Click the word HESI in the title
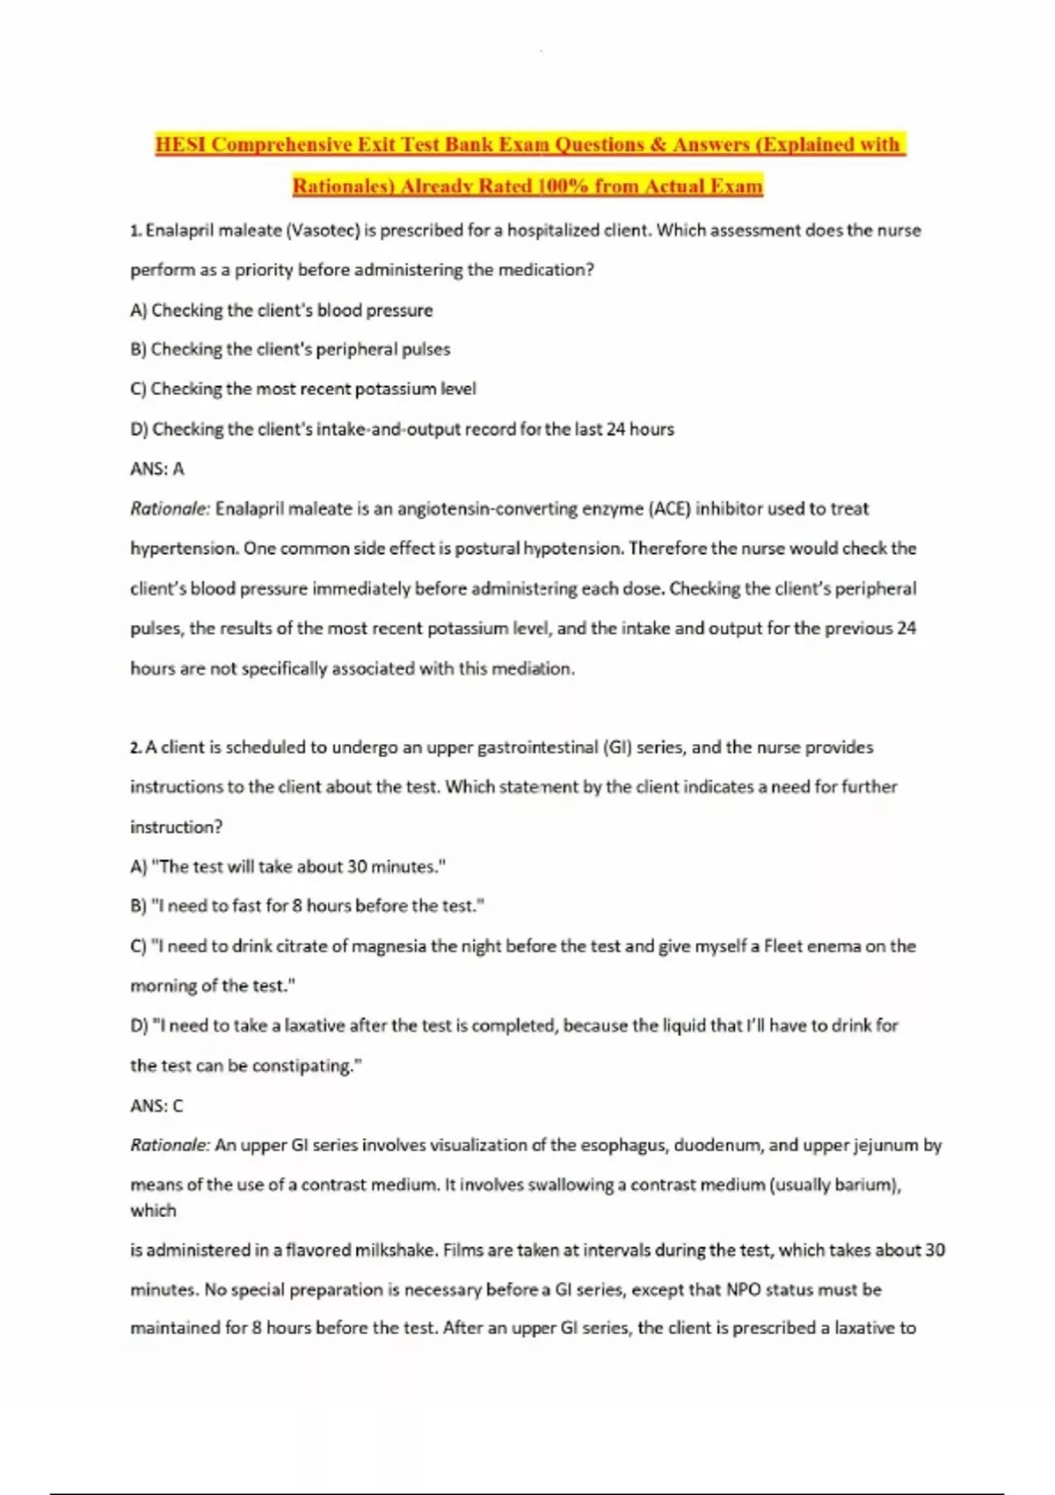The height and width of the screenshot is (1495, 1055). pos(181,144)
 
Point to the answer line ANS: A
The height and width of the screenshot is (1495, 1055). pos(157,469)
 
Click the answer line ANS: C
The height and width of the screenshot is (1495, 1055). pos(156,1105)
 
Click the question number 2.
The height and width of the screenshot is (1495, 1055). pos(135,747)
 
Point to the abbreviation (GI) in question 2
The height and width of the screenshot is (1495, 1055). pos(617,747)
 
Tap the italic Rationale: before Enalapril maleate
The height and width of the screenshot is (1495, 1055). pos(171,508)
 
